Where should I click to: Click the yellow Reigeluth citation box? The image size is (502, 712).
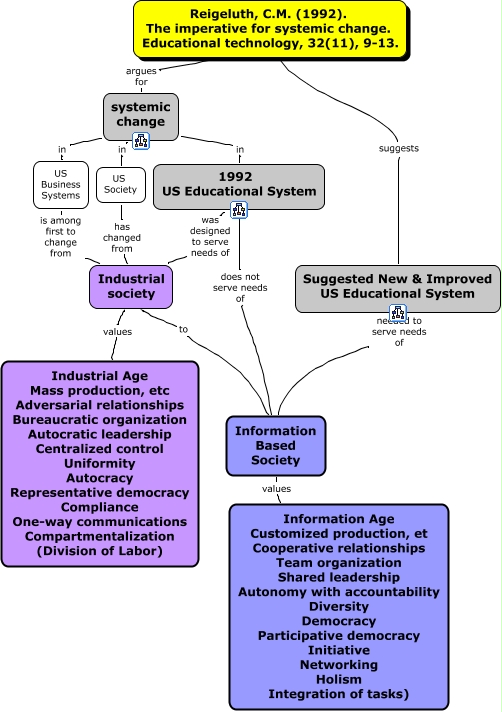click(269, 28)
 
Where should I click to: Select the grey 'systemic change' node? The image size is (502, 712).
click(140, 115)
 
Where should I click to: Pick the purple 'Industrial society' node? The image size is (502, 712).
click(131, 286)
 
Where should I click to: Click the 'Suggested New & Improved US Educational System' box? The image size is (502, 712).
click(397, 287)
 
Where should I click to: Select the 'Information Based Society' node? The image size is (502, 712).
click(261, 445)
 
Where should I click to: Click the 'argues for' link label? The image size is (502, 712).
click(140, 77)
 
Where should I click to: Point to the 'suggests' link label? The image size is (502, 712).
click(398, 148)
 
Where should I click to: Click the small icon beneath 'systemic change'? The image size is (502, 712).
click(140, 140)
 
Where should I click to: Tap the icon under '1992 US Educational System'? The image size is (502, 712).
click(239, 209)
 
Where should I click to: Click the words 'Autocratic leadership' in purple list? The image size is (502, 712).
click(100, 434)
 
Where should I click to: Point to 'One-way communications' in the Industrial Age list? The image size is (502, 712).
click(100, 521)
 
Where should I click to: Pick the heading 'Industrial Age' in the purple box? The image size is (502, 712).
click(100, 376)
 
